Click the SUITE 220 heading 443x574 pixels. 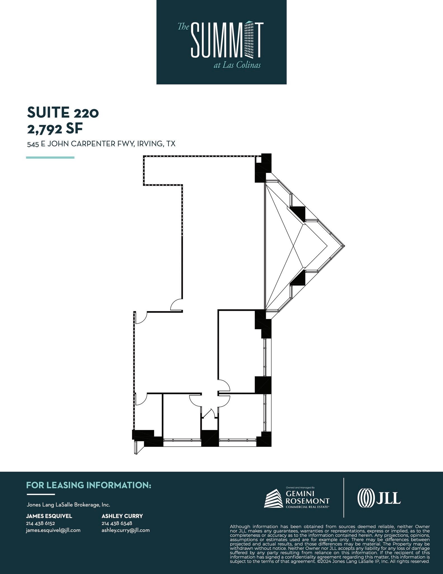pos(63,112)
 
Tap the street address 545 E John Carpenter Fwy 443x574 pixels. pos(101,144)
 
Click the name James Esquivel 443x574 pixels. pos(49,516)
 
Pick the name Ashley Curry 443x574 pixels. pos(122,516)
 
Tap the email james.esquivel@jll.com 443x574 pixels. pos(53,530)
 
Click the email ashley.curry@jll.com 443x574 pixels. pos(126,530)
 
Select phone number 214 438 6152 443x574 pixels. pos(41,523)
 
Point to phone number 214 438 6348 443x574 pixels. pos(117,523)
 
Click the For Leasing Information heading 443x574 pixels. pos(89,485)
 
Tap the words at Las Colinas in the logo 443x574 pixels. pos(237,65)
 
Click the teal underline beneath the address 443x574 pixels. pos(50,158)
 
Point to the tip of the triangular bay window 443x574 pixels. pos(344,246)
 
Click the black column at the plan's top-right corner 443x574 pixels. pos(263,168)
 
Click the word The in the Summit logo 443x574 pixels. pos(184,27)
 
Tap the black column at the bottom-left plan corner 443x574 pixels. pos(147,438)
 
